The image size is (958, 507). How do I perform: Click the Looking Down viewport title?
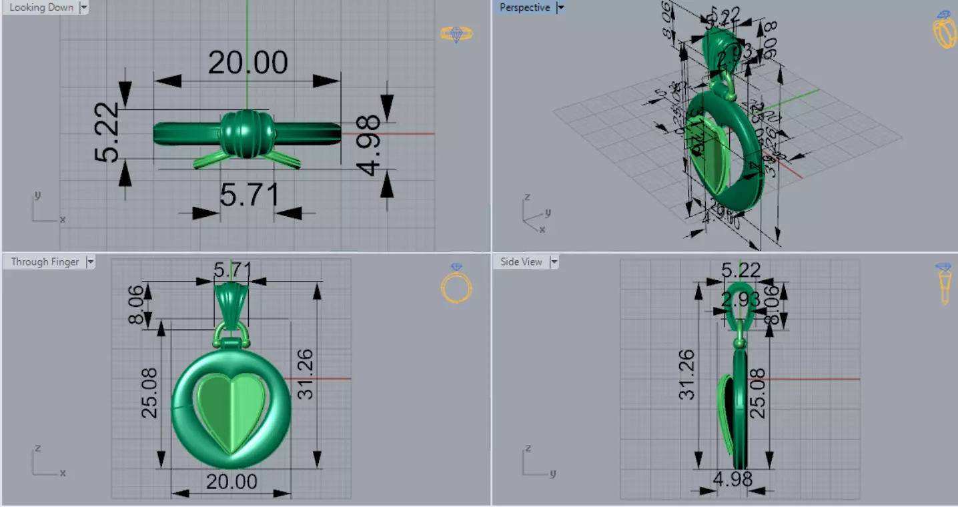point(41,7)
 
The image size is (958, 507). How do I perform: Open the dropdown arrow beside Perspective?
point(560,7)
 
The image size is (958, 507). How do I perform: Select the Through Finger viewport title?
point(45,262)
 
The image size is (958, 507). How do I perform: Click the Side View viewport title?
point(521,262)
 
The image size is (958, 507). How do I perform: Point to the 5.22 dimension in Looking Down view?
point(107,133)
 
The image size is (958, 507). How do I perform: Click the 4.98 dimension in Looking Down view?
point(369,145)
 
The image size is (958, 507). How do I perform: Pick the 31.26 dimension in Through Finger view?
point(306,375)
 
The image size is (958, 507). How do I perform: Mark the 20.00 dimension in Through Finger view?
point(231,482)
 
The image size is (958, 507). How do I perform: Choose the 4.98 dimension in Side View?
point(733,479)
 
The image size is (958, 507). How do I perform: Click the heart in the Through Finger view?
point(231,412)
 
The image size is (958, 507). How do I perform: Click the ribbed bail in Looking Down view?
point(247,134)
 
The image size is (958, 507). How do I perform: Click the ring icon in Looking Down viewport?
point(456,33)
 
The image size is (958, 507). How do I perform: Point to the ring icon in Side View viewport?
point(944,283)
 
